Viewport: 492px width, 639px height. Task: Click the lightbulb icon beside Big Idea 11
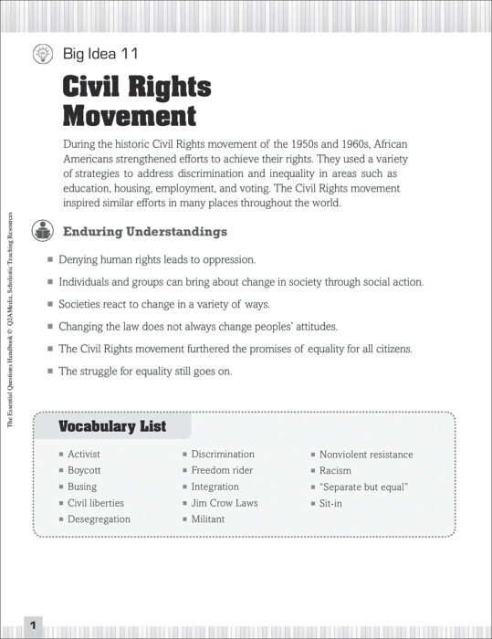(41, 54)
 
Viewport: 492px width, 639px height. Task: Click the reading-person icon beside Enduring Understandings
(41, 231)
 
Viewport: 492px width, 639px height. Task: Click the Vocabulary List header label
(112, 426)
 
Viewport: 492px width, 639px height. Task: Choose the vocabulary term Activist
(83, 455)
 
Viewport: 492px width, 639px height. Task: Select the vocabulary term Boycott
(84, 470)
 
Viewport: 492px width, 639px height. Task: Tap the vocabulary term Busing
(81, 487)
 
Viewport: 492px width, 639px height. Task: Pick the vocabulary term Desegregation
(99, 519)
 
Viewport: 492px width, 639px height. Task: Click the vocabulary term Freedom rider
(222, 470)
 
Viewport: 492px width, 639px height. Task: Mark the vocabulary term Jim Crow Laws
(224, 503)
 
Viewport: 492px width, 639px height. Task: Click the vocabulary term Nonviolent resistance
(366, 455)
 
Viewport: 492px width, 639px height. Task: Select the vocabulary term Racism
(335, 470)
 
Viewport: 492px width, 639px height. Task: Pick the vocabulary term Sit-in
(330, 503)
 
